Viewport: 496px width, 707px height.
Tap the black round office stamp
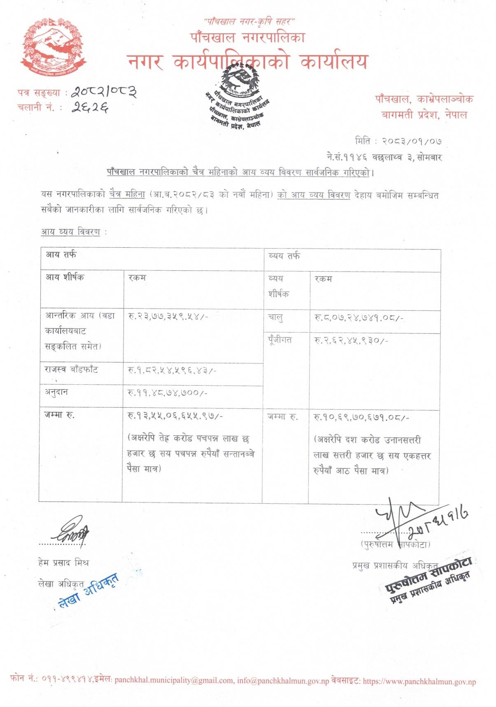pyautogui.click(x=238, y=98)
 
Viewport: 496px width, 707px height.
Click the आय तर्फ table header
pyautogui.click(x=61, y=255)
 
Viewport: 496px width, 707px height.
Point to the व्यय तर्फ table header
pyautogui.click(x=284, y=256)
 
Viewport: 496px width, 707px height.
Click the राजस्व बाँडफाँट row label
pyautogui.click(x=71, y=370)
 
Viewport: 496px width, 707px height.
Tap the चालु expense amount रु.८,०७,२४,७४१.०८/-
pyautogui.click(x=359, y=318)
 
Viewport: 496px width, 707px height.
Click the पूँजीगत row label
pyautogui.click(x=280, y=340)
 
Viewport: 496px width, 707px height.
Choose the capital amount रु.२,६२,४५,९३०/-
pyautogui.click(x=351, y=341)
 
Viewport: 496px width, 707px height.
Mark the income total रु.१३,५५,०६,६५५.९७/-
pyautogui.click(x=175, y=416)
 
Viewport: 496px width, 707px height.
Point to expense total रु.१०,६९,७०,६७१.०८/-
pyautogui.click(x=361, y=418)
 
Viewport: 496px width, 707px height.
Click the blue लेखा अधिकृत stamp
pyautogui.click(x=88, y=591)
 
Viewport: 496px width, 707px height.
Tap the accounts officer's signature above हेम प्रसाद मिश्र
pyautogui.click(x=71, y=533)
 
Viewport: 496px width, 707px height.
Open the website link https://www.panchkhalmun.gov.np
pyautogui.click(x=419, y=681)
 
